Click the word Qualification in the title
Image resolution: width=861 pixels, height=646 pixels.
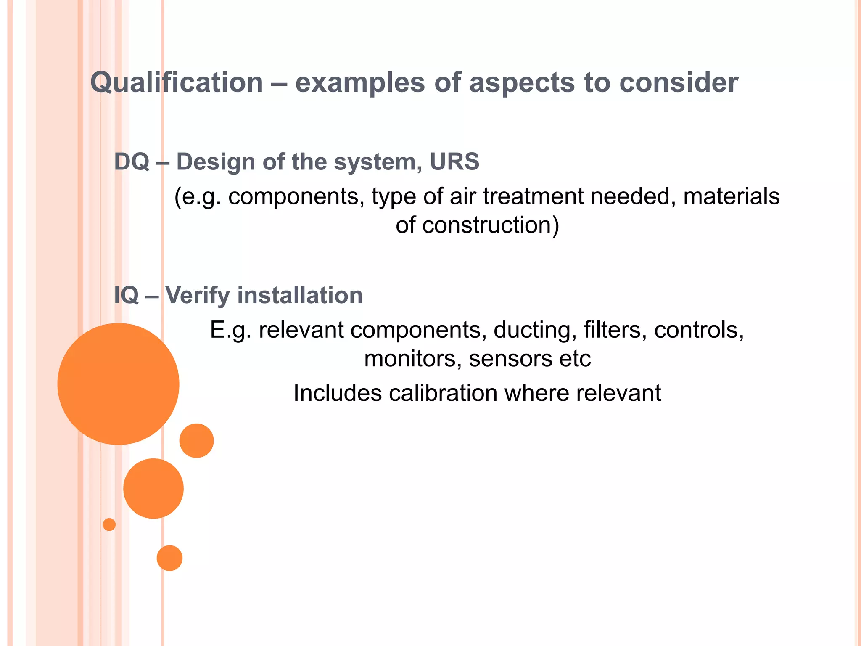pos(177,82)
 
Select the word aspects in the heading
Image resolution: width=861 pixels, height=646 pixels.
pos(522,83)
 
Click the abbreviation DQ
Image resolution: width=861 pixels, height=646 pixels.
pos(132,162)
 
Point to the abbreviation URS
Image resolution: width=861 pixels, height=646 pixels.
pos(454,162)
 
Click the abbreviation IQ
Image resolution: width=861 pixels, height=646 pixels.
pos(126,295)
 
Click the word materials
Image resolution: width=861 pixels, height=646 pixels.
pos(731,196)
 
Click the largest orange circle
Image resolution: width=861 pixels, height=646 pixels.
pos(118,384)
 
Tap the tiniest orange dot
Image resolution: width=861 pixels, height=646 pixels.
pos(109,524)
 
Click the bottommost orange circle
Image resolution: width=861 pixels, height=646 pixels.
pos(169,558)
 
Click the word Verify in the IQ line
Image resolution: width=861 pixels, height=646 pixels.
pos(197,296)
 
